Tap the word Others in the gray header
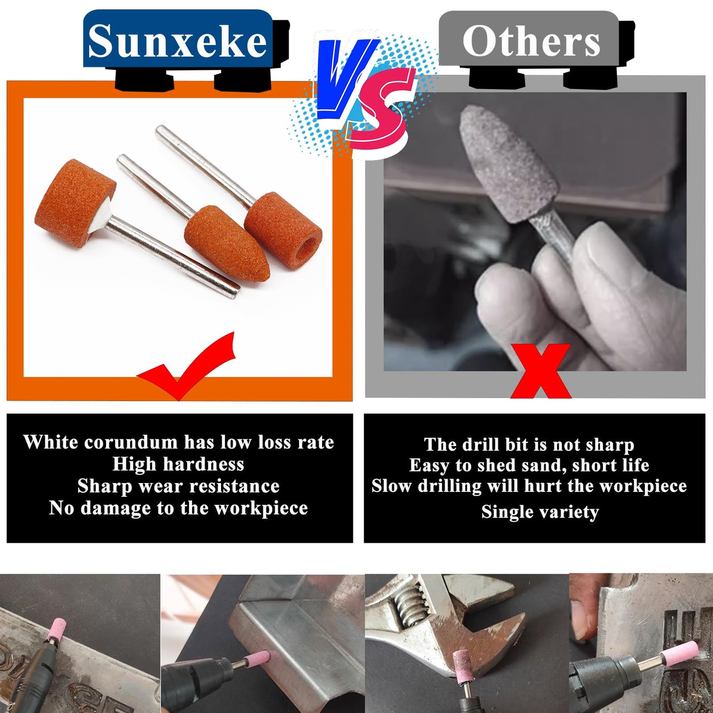531,41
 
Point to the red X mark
541,371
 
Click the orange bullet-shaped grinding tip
227,247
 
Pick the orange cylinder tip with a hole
283,225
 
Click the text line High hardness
178,464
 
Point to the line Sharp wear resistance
178,487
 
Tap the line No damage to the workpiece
178,508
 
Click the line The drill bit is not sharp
529,445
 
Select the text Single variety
540,512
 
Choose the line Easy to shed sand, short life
529,465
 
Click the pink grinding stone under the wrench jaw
463,666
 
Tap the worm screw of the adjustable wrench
413,606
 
